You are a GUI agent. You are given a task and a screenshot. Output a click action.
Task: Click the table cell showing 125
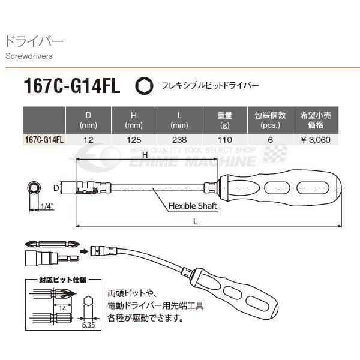click(133, 139)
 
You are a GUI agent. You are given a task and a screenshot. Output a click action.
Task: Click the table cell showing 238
click(179, 139)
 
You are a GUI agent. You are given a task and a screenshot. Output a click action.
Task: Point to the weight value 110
click(224, 139)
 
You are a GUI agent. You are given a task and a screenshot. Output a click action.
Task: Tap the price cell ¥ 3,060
click(316, 139)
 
